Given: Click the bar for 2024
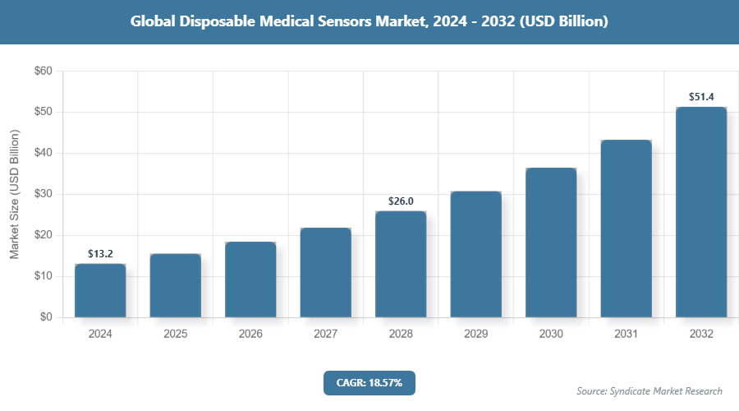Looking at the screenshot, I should point(100,290).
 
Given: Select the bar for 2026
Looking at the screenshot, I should point(250,279).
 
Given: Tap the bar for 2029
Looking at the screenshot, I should point(475,254).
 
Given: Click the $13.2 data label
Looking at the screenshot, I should point(100,253).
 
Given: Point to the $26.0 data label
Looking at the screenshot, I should point(401,201).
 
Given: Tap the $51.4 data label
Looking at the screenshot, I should point(701,97).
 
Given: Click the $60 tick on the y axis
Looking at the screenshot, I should point(43,72).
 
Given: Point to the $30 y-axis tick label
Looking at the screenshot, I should point(43,195).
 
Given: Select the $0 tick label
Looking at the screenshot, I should point(46,317).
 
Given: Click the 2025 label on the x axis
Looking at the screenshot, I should point(176,335).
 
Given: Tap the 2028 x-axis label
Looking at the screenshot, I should point(401,335).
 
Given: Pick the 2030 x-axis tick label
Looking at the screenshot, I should point(551,335).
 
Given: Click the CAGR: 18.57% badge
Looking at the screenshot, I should point(369,382).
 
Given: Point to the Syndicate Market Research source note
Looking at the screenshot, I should point(649,391).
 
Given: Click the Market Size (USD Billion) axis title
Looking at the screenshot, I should point(14,195).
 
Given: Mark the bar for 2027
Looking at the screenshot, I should point(325,272).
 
